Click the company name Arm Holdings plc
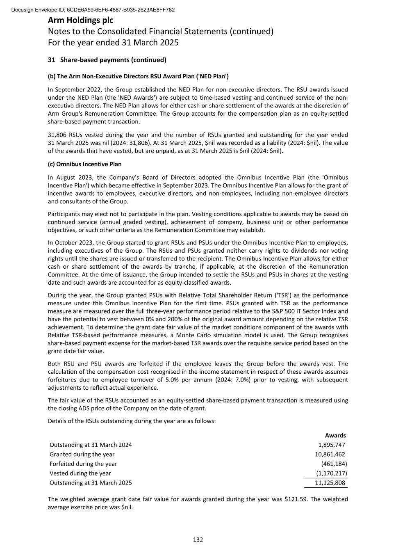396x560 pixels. pyautogui.click(x=81, y=20)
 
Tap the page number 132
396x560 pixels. pyautogui.click(x=198, y=539)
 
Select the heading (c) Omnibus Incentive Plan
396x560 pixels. pyautogui.click(x=85, y=164)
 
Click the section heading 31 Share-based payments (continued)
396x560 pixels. pyautogui.click(x=107, y=60)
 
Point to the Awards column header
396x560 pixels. pyautogui.click(x=335, y=435)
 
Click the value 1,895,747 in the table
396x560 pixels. pyautogui.click(x=332, y=445)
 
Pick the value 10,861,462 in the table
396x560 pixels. pyautogui.click(x=330, y=454)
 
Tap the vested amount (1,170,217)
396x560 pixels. pyautogui.click(x=332, y=473)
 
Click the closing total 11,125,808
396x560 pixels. pyautogui.click(x=330, y=482)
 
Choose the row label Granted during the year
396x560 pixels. pyautogui.click(x=82, y=454)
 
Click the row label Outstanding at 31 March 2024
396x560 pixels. pyautogui.click(x=91, y=445)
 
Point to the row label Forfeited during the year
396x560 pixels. pyautogui.click(x=83, y=464)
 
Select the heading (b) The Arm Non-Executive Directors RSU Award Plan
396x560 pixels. pyautogui.click(x=138, y=76)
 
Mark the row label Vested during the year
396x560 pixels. pyautogui.click(x=80, y=473)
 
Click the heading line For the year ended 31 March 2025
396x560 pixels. pyautogui.click(x=113, y=42)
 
